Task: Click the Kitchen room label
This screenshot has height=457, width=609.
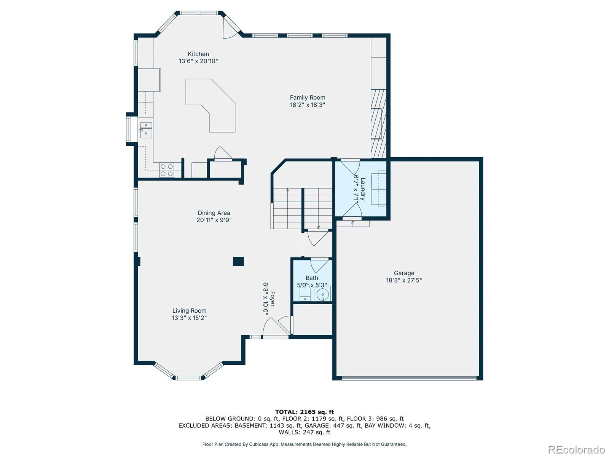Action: point(198,54)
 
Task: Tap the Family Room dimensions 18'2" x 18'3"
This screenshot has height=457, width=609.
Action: point(308,105)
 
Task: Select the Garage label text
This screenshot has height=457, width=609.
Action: point(404,273)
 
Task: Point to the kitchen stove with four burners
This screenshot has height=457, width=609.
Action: point(167,170)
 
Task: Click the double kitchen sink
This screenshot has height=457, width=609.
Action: point(146,130)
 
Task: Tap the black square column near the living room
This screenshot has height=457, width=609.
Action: point(238,261)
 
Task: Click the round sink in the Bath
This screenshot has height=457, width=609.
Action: point(323,294)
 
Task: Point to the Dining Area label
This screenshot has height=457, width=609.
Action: point(214,213)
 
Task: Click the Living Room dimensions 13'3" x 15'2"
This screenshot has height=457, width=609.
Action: point(189,318)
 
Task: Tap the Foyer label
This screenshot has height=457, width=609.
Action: point(272,299)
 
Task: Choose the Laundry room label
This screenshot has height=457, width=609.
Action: point(363,189)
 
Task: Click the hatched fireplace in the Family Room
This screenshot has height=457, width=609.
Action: point(379,124)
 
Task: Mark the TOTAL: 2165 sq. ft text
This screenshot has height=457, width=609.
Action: point(304,412)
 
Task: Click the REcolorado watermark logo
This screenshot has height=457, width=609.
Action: point(576,449)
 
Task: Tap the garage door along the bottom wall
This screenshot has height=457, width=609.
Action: point(409,378)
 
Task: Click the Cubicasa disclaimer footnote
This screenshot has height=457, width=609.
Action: point(304,444)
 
